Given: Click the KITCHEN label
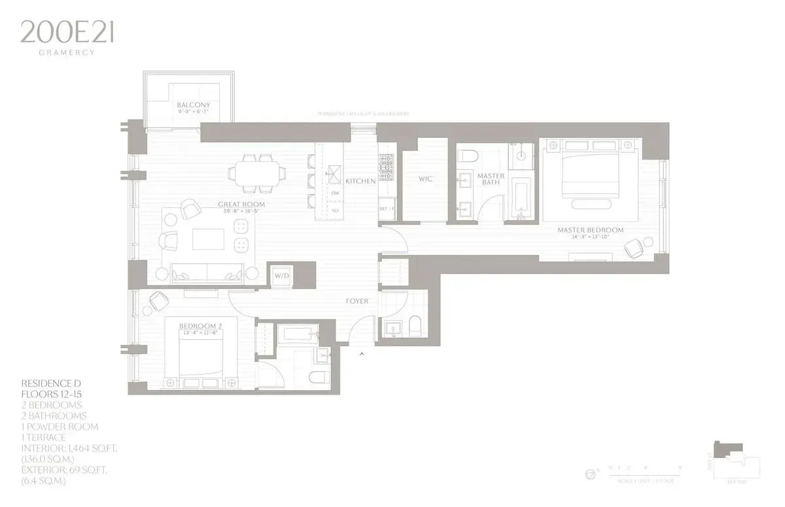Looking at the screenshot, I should pyautogui.click(x=360, y=181).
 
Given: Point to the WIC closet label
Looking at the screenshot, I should pyautogui.click(x=425, y=178).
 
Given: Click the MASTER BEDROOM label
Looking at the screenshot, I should pyautogui.click(x=590, y=230).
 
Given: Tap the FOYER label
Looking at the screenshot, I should pyautogui.click(x=357, y=301).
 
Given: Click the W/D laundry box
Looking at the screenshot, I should pyautogui.click(x=282, y=275).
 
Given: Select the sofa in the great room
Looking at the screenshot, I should pyautogui.click(x=207, y=274).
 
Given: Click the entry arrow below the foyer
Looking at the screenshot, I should pyautogui.click(x=361, y=354).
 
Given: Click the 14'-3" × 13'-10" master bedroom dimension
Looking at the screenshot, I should pyautogui.click(x=590, y=238).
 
